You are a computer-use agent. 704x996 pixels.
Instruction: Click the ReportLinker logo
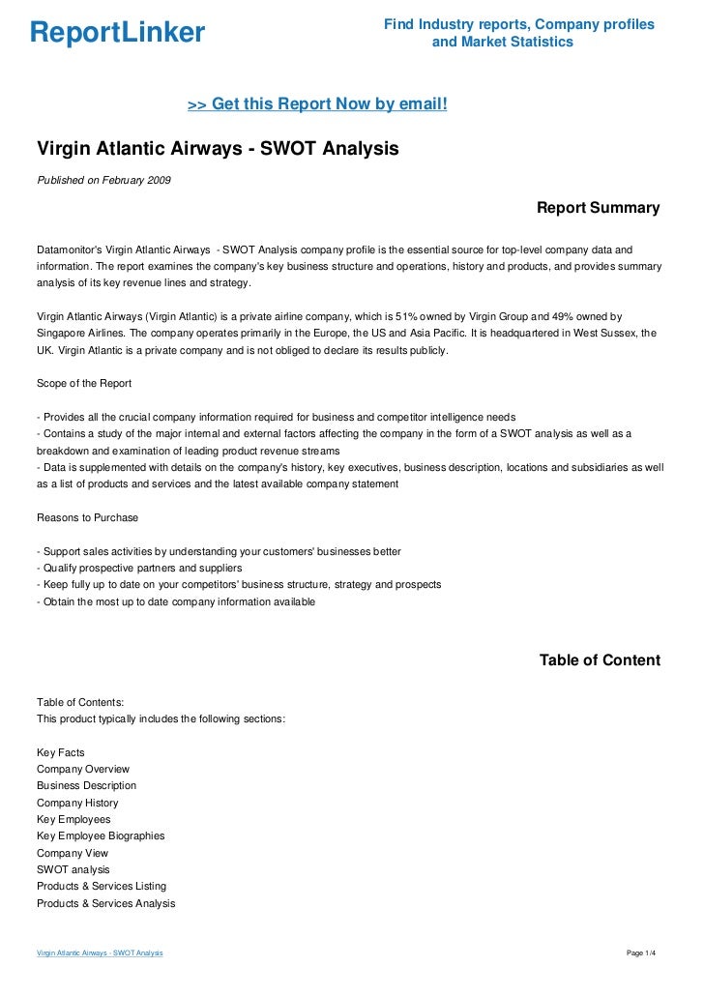click(118, 33)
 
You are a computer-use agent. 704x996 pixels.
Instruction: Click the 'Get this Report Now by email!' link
click(317, 103)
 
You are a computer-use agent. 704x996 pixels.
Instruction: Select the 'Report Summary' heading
click(598, 208)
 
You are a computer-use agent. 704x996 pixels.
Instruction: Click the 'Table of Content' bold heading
click(600, 660)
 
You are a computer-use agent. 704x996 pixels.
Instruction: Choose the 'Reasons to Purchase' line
click(87, 516)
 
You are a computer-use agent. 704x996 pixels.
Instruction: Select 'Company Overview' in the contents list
click(82, 769)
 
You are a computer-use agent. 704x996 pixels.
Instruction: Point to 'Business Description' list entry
click(86, 785)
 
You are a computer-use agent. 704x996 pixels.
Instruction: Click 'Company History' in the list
click(77, 803)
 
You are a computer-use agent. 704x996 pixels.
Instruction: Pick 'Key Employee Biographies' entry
click(101, 835)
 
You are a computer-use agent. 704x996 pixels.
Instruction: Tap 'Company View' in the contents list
click(73, 853)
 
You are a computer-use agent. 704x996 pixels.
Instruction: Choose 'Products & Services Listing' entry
click(102, 886)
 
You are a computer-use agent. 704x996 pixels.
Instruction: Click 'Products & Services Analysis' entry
click(105, 903)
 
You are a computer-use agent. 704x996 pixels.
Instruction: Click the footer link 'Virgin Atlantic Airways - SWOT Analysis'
click(100, 953)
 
